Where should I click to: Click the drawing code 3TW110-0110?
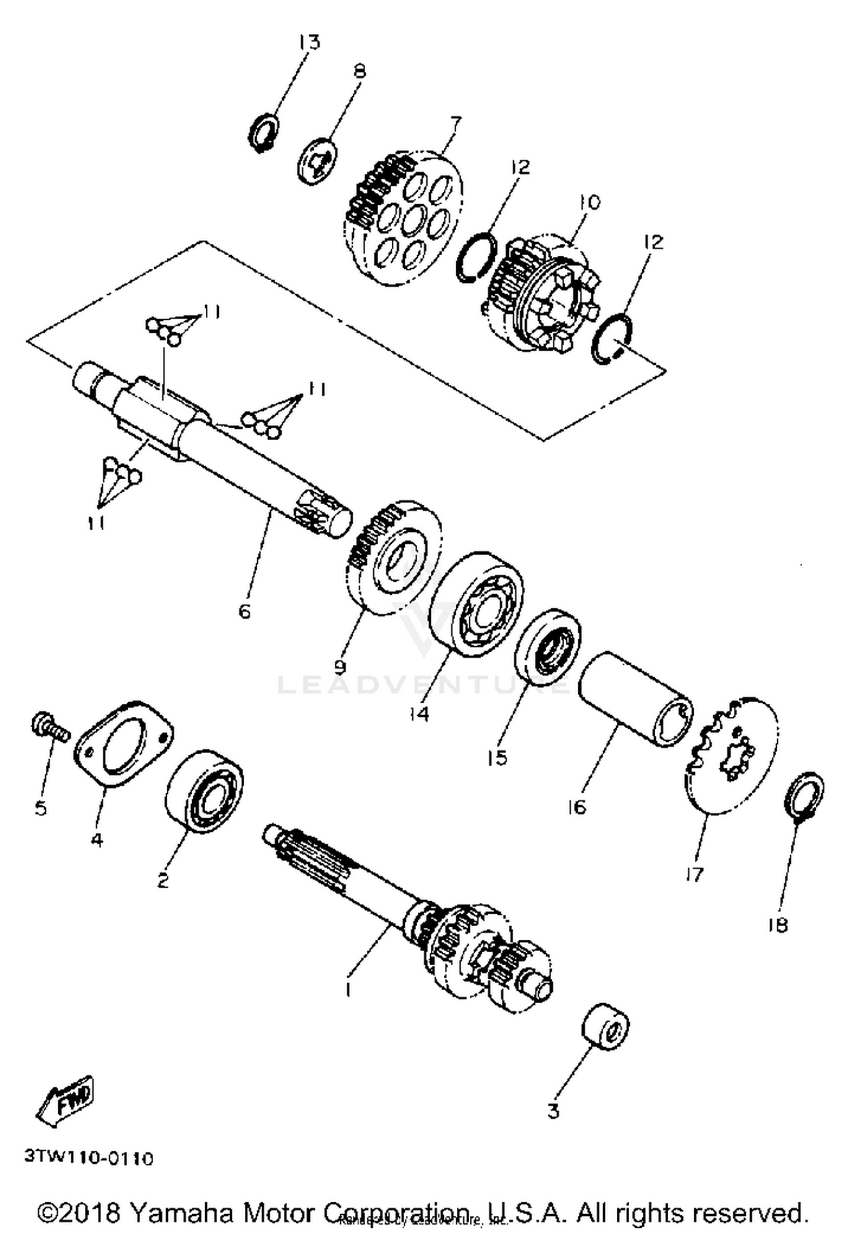(x=89, y=1158)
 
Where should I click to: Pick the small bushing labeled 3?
(x=605, y=1027)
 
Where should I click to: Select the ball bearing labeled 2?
(x=205, y=791)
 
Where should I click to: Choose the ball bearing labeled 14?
(x=477, y=604)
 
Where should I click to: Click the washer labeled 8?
(x=318, y=161)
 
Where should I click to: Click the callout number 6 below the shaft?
(x=244, y=611)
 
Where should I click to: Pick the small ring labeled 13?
(x=264, y=133)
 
